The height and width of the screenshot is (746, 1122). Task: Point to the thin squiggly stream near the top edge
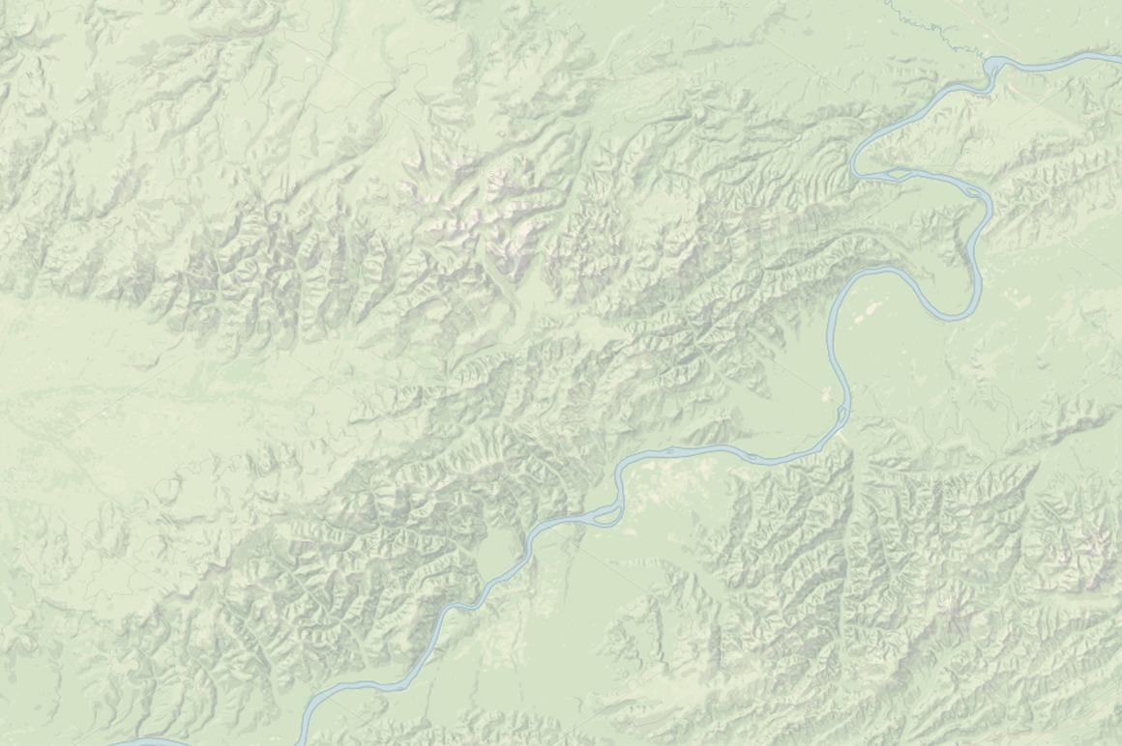[929, 24]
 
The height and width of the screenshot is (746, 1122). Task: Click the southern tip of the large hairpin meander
[953, 315]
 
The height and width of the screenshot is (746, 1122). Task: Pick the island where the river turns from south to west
[842, 416]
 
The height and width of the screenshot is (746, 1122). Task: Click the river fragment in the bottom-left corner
[145, 742]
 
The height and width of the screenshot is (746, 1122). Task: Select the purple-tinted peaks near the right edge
[1093, 551]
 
